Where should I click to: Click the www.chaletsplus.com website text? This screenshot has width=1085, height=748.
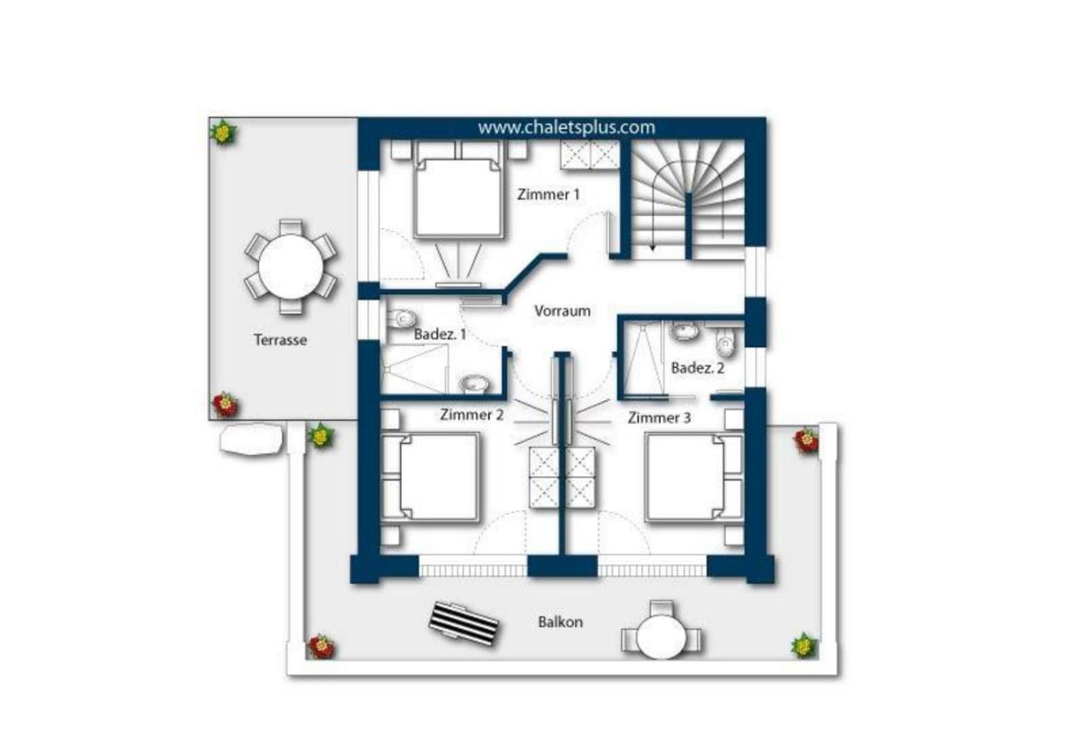click(x=566, y=127)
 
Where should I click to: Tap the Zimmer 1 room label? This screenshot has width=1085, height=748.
click(x=548, y=194)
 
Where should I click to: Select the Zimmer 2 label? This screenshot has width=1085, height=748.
click(x=471, y=415)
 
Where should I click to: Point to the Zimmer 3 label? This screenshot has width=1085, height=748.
click(x=658, y=418)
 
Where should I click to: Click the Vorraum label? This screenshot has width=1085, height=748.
click(x=562, y=311)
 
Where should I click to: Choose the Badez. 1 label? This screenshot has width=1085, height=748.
click(x=440, y=334)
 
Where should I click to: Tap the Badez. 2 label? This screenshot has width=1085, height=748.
click(x=697, y=368)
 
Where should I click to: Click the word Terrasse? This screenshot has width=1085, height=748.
click(x=280, y=340)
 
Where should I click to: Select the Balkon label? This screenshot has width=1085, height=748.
click(x=560, y=622)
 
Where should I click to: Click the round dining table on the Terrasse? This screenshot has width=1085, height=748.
click(x=291, y=267)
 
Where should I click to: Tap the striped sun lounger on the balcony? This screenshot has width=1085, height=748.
click(x=464, y=625)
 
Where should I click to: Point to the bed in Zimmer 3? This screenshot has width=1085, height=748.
click(x=694, y=478)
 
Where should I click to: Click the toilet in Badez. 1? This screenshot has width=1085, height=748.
click(x=401, y=319)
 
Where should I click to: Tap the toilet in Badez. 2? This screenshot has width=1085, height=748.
click(x=725, y=341)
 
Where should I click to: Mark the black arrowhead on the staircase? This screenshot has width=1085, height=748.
click(x=652, y=248)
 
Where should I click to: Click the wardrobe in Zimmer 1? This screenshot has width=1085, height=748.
click(x=590, y=155)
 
